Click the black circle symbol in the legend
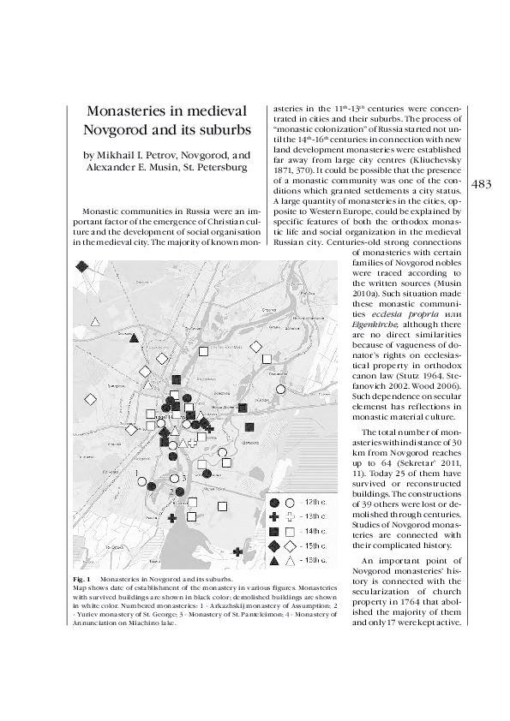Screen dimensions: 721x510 pyautogui.click(x=274, y=503)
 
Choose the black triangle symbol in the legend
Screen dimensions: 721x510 pyautogui.click(x=274, y=561)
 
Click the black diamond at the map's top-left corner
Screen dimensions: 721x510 pyautogui.click(x=81, y=267)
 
